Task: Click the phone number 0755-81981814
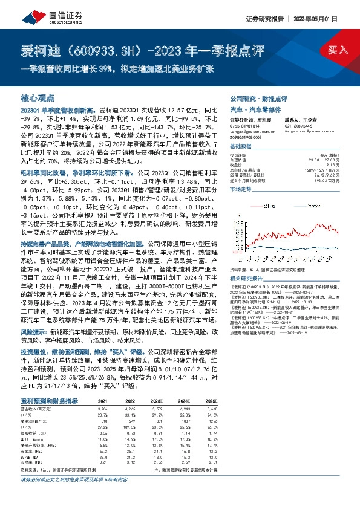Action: coord(246,124)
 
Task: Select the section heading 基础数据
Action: coord(241,147)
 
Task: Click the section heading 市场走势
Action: coord(241,189)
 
